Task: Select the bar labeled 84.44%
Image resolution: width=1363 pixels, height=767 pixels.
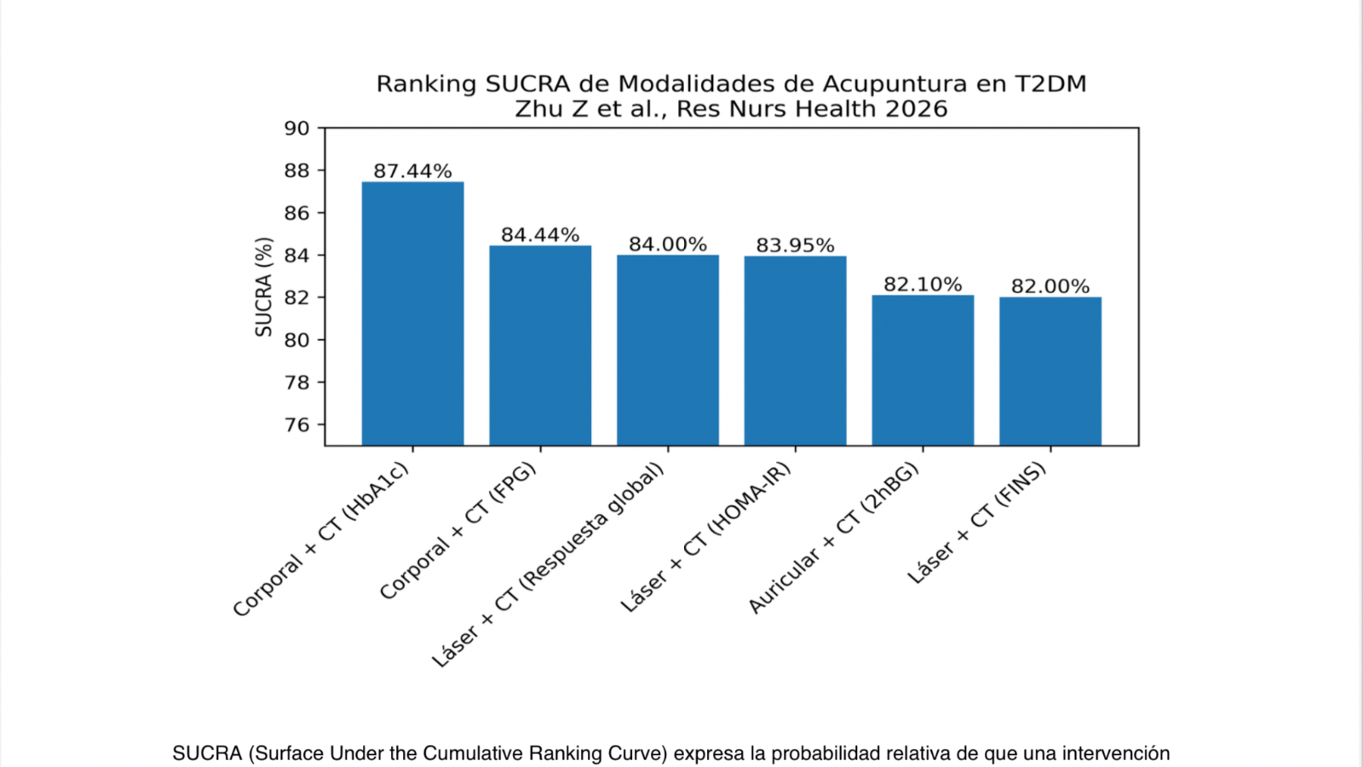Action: coord(540,345)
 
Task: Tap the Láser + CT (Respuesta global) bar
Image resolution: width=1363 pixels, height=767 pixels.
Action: coord(668,350)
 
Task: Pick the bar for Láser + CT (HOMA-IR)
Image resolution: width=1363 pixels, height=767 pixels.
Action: coord(795,350)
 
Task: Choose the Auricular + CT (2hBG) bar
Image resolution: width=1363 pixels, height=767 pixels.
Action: coord(923,370)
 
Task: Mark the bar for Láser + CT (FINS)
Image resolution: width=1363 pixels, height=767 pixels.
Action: coord(1050,371)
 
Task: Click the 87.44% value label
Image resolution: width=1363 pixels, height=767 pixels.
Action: coord(412,171)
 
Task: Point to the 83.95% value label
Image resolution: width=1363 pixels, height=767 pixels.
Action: coord(795,245)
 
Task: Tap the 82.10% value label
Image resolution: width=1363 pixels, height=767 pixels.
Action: coord(923,285)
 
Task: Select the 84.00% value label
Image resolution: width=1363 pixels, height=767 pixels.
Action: coord(668,245)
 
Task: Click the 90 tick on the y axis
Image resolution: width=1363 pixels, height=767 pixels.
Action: coord(296,129)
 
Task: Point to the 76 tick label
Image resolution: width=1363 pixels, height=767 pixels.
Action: coord(296,424)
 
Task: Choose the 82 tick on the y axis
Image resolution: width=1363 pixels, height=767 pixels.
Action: coord(296,297)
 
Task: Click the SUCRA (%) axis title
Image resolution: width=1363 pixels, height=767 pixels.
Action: coord(264,287)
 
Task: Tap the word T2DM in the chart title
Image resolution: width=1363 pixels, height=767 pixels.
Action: coord(1050,84)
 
